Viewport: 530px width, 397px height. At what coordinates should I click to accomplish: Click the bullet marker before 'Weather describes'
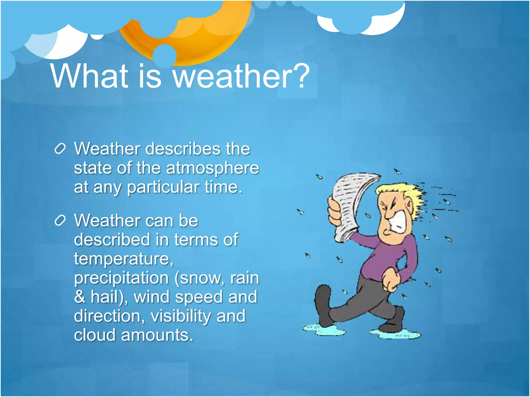(x=60, y=149)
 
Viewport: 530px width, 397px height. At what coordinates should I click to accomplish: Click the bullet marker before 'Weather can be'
(x=60, y=221)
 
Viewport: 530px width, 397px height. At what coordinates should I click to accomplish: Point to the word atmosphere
(x=212, y=169)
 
